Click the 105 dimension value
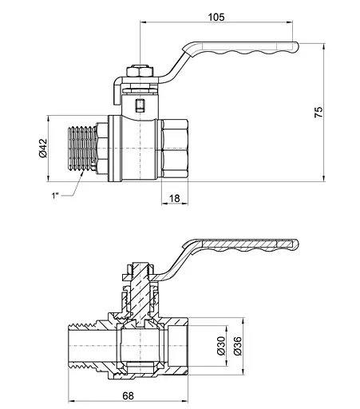click(x=216, y=18)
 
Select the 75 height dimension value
click(x=318, y=112)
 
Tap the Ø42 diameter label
click(x=43, y=148)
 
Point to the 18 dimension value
click(x=175, y=198)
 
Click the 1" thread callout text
click(x=55, y=196)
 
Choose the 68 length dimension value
click(x=128, y=395)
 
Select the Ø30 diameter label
click(x=221, y=346)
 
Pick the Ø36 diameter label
click(x=238, y=346)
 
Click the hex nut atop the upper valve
click(x=140, y=71)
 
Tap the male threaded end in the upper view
click(x=83, y=149)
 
